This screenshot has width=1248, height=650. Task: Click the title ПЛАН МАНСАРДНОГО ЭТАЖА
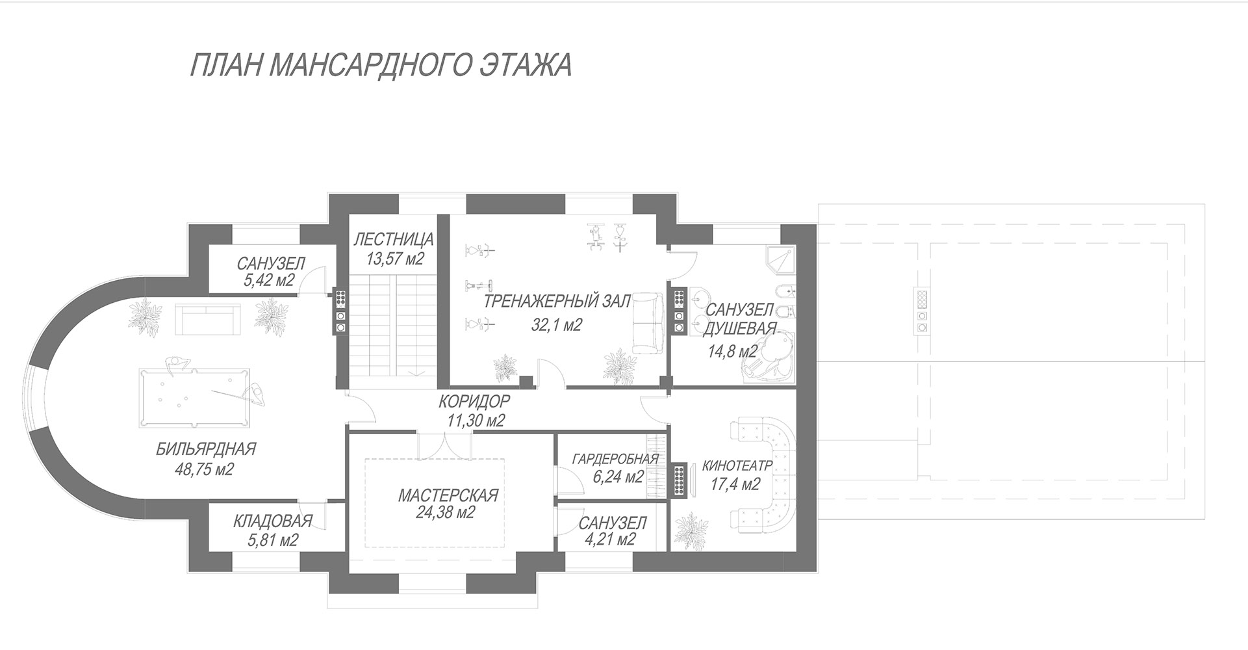(381, 65)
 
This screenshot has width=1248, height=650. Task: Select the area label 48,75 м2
(205, 469)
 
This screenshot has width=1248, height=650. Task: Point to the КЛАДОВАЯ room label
(273, 521)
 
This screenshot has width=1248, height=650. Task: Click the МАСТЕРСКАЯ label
(448, 495)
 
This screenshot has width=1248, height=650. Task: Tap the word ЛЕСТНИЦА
(394, 240)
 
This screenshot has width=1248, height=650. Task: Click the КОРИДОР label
(474, 400)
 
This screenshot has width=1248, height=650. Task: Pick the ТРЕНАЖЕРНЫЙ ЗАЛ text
(557, 302)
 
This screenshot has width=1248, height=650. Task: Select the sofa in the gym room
(648, 323)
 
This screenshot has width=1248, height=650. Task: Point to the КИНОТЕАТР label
(737, 466)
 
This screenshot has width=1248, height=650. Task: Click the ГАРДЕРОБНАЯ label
(615, 459)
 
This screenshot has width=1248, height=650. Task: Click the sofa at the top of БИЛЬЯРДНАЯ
(205, 319)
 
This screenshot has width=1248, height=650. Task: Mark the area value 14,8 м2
(733, 352)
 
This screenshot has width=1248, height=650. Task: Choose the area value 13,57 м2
(394, 259)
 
